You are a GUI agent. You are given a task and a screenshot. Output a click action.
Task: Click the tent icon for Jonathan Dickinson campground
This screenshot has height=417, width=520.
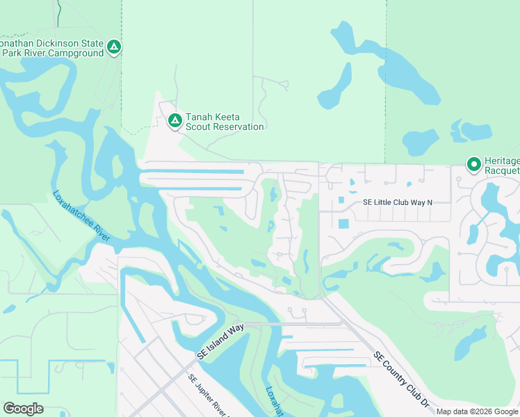[115, 47]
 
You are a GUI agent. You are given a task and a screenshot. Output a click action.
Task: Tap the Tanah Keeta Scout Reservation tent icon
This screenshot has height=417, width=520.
[174, 122]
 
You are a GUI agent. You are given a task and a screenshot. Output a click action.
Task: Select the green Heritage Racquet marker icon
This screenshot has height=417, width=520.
[474, 165]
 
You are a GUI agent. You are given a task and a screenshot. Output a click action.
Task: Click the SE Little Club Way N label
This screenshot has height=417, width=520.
[398, 202]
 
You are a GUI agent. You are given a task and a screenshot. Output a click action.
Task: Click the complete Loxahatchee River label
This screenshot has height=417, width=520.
[81, 216]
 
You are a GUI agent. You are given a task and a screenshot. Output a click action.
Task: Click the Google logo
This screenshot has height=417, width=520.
[23, 409]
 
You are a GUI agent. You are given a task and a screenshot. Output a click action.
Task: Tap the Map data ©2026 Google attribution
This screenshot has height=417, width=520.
[476, 411]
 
